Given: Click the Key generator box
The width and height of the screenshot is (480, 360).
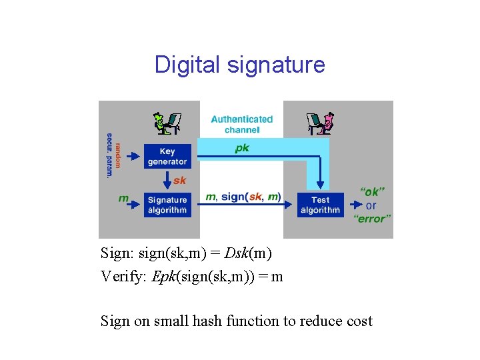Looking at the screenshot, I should click(x=167, y=157).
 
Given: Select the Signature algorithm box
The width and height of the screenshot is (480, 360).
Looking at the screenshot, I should click(x=167, y=205).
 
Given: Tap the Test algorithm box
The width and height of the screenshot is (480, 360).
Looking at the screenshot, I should click(x=320, y=205).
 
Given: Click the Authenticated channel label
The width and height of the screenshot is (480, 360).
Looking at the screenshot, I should click(x=242, y=124).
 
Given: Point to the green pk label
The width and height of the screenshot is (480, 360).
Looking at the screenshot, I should click(x=242, y=148).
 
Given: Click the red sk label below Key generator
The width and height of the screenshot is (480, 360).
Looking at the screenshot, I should click(x=180, y=181).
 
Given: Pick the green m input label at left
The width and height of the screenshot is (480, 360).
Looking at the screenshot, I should click(x=123, y=198).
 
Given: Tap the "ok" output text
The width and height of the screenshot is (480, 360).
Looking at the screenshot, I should click(x=372, y=191).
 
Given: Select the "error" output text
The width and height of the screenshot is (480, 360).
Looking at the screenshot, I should click(x=372, y=219).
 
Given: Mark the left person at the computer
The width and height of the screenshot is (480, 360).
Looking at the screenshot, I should click(x=167, y=124).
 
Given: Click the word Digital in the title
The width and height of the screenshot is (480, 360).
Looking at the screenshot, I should click(x=187, y=65).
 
